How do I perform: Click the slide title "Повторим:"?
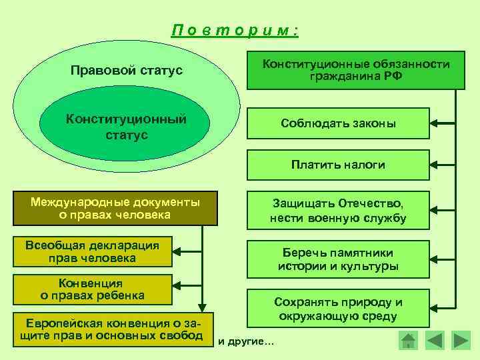pos(234,31)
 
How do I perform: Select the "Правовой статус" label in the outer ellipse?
pos(127,70)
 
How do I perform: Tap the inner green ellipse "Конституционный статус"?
pos(125,127)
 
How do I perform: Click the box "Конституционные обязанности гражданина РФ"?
pos(356,70)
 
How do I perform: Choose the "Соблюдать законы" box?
pos(338,124)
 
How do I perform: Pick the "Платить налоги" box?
pos(338,164)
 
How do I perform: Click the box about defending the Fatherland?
pos(338,210)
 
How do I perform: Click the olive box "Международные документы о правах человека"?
pos(115,209)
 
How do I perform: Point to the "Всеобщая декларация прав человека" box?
pos(91,252)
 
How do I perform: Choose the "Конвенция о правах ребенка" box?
pos(92,289)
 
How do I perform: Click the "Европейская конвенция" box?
pos(110,328)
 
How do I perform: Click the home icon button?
pos(407,340)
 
